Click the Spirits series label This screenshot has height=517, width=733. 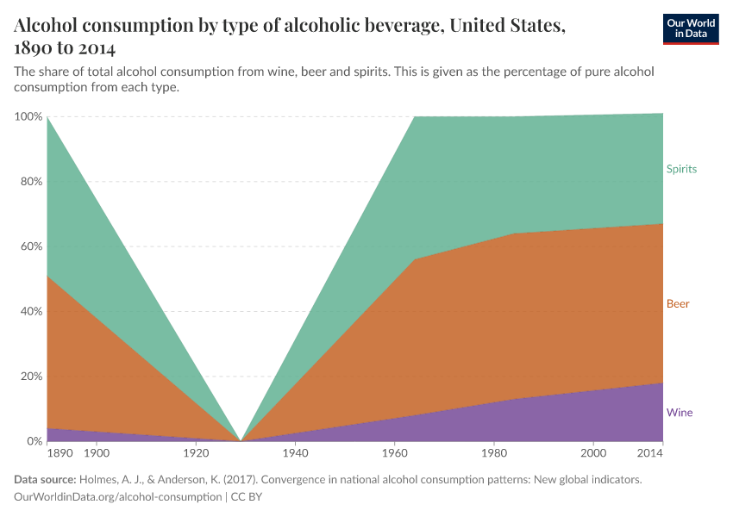(x=681, y=169)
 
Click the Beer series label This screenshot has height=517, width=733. (x=678, y=304)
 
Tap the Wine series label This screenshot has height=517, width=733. (x=680, y=413)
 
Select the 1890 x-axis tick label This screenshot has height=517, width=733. (x=60, y=453)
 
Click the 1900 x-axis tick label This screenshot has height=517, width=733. (x=96, y=453)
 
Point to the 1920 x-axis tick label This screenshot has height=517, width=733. (x=196, y=453)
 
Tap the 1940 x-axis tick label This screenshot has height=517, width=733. (x=295, y=453)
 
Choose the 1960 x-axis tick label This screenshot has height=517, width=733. (x=394, y=453)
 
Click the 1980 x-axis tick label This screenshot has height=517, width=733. (x=493, y=453)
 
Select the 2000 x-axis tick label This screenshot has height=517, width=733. (x=593, y=453)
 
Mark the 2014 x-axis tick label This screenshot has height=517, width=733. (x=650, y=453)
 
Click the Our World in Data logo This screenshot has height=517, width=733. (x=691, y=28)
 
